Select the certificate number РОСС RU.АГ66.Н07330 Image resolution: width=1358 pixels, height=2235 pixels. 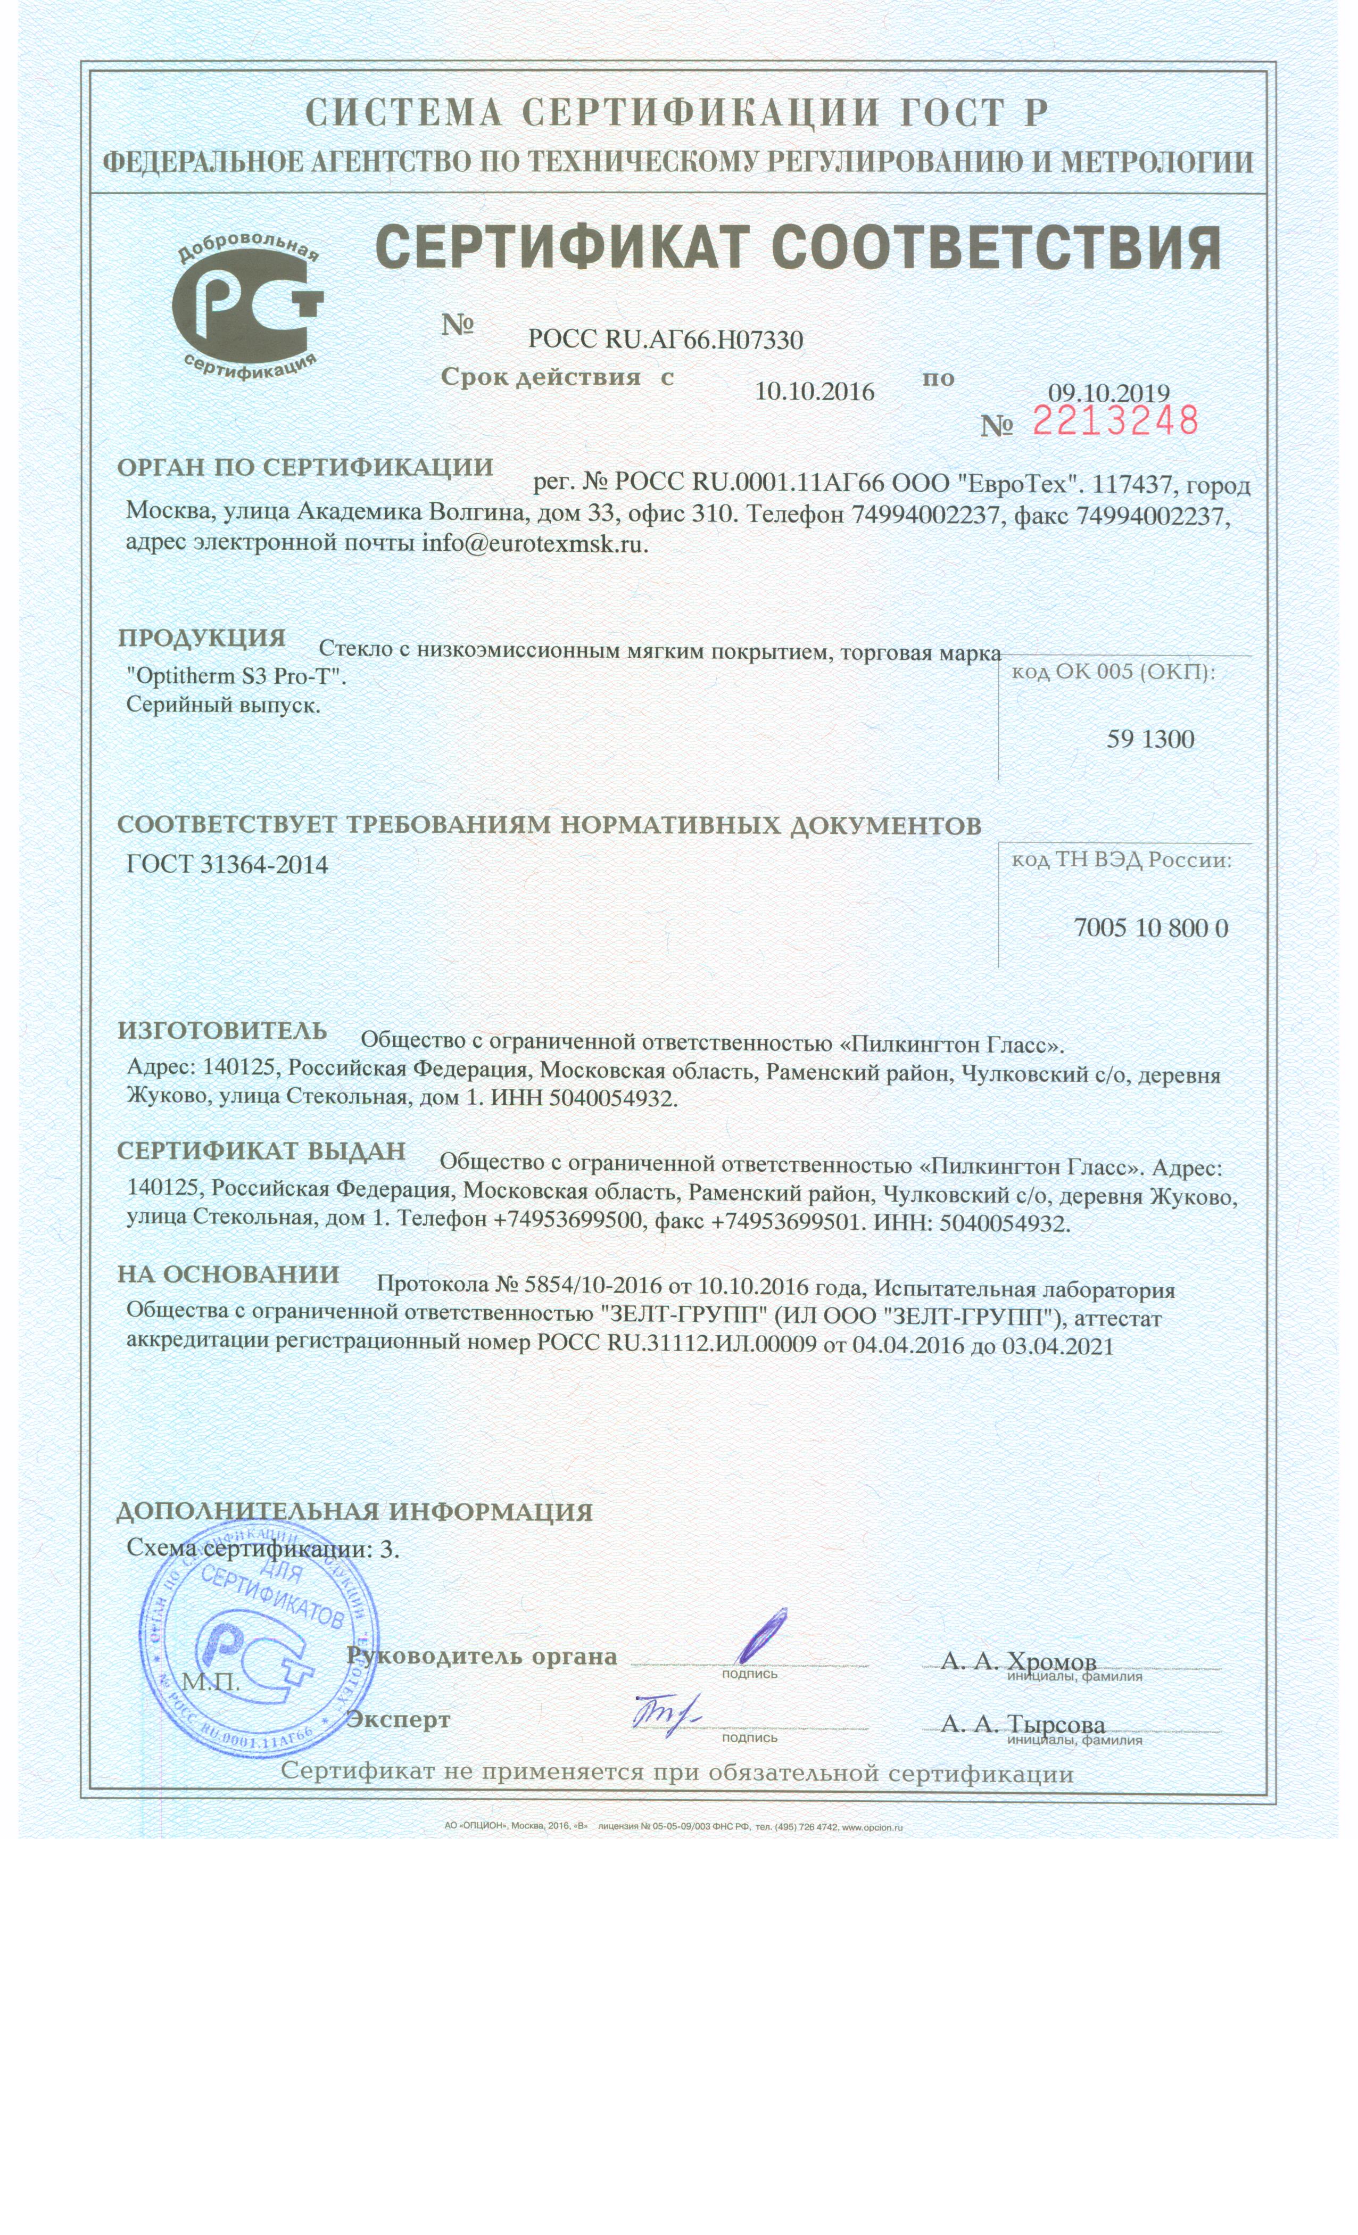[x=665, y=340]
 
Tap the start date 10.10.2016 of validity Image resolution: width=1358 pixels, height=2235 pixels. [x=814, y=392]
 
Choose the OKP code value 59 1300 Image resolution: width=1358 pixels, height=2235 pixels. [x=1149, y=739]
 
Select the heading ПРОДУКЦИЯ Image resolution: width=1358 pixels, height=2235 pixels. [x=201, y=638]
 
